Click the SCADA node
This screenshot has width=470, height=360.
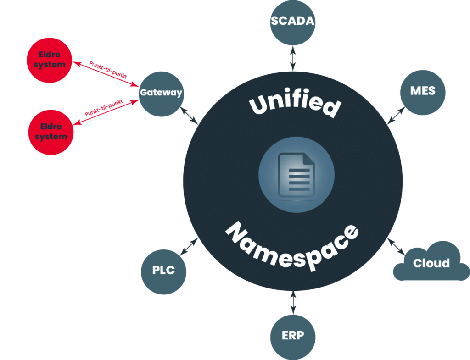pos(293,22)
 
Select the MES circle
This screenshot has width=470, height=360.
pos(423,91)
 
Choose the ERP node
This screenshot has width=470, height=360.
pos(293,335)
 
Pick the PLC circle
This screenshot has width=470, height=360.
pos(164,270)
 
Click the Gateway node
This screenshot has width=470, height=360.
pos(161,93)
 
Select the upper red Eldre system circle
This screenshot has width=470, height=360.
pos(50,60)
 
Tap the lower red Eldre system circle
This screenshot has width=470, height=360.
pos(50,132)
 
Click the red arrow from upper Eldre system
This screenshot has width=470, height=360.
pos(106,74)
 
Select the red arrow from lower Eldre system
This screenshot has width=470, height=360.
pos(106,111)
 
